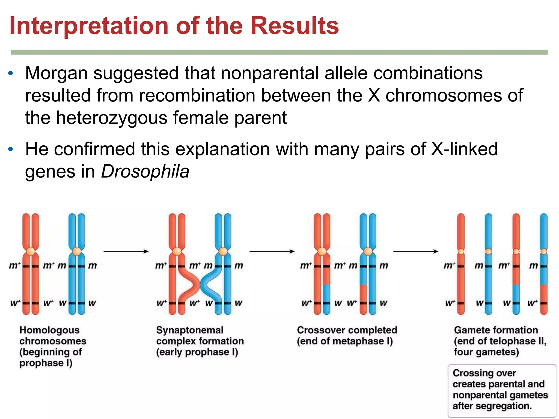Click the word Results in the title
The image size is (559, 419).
295,26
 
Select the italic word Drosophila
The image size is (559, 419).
145,172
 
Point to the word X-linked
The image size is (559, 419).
464,149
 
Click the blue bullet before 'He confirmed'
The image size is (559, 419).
11,149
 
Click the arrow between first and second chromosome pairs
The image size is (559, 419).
126,251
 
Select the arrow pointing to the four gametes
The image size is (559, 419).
415,251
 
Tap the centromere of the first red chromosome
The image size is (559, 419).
31,251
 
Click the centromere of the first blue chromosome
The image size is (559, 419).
77,251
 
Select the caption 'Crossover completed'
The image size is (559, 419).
347,330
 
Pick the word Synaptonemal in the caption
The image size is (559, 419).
190,330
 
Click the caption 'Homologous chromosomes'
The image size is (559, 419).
52,336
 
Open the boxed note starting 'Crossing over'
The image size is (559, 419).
502,390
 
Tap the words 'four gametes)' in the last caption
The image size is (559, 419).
486,352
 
